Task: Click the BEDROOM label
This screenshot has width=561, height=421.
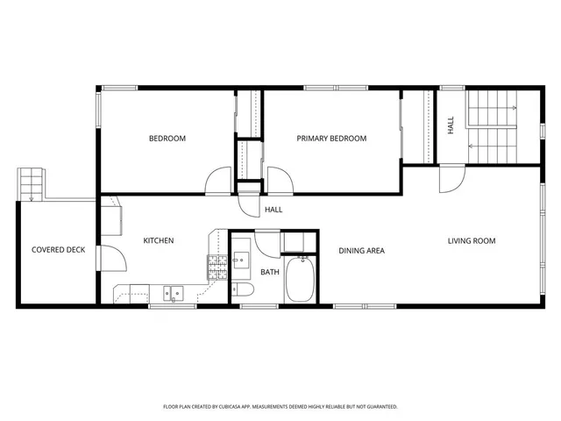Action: (x=167, y=139)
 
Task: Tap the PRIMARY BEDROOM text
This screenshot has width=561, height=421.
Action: (x=331, y=139)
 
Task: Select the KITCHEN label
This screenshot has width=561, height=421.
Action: (x=159, y=240)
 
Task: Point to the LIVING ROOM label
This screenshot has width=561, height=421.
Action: (x=472, y=240)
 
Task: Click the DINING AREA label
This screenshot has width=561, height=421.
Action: (x=362, y=251)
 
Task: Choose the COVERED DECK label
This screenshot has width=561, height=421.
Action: (x=58, y=250)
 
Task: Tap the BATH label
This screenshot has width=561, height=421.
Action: (x=270, y=272)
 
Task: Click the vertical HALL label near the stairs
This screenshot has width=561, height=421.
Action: (x=451, y=125)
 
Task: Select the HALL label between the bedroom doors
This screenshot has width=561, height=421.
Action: (x=273, y=210)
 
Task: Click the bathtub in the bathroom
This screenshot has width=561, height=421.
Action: (x=301, y=278)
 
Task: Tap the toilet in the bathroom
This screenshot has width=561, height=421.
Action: (x=245, y=290)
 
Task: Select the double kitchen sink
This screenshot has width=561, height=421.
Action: (x=174, y=293)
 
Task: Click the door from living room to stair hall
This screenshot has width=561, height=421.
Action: (x=449, y=181)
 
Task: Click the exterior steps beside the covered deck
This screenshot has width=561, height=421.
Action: (x=32, y=183)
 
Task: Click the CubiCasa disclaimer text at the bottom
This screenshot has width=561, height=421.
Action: (x=280, y=407)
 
